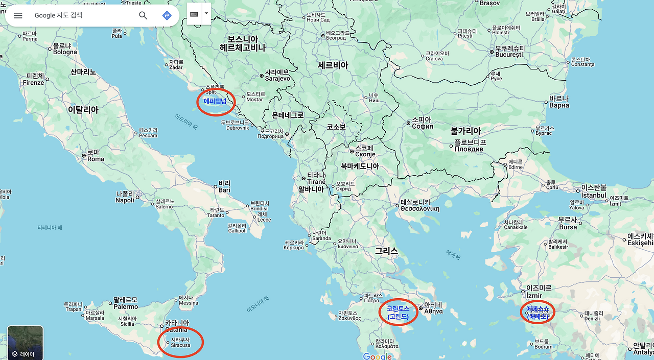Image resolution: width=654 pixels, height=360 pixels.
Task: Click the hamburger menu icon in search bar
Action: pyautogui.click(x=18, y=15)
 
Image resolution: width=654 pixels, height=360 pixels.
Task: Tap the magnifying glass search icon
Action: pyautogui.click(x=143, y=15)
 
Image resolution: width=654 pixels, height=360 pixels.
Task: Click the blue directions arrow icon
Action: pyautogui.click(x=167, y=15)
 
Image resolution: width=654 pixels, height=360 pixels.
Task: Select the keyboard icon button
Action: pyautogui.click(x=194, y=14)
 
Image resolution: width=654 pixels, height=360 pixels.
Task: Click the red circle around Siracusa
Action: pyautogui.click(x=180, y=342)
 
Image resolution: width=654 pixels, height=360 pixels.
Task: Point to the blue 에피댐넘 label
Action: pyautogui.click(x=215, y=101)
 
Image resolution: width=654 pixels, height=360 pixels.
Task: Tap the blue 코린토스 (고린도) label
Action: pyautogui.click(x=398, y=313)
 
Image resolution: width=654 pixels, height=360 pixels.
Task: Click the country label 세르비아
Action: pyautogui.click(x=333, y=65)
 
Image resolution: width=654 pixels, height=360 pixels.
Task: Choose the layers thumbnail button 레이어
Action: pyautogui.click(x=25, y=343)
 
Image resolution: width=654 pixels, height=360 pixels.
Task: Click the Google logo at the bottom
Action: pyautogui.click(x=377, y=356)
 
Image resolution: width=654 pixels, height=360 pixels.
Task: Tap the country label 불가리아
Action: pyautogui.click(x=465, y=131)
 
